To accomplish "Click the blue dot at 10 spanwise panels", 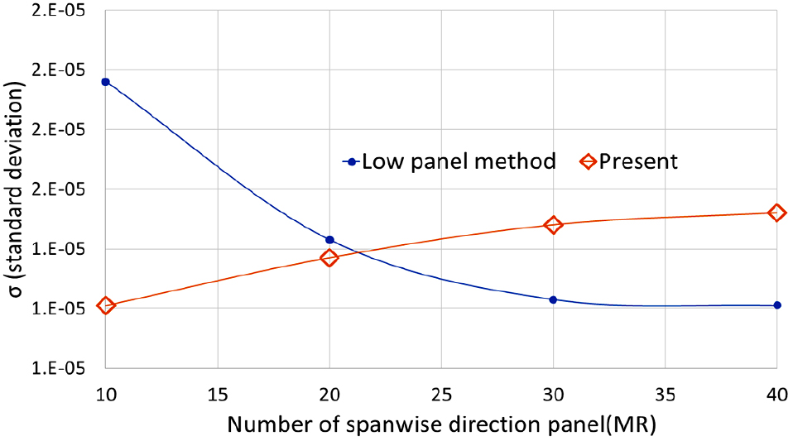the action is click(105, 82).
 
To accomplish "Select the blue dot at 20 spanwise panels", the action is click(329, 240).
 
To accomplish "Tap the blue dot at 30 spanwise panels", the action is click(553, 300).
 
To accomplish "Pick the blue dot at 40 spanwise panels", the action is click(776, 305).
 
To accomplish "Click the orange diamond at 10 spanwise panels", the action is click(105, 305).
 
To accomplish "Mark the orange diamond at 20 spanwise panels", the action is click(329, 258).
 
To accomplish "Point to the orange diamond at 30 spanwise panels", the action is click(553, 225).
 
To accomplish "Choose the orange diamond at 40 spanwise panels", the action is click(776, 213).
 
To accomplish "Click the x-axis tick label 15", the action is click(218, 394).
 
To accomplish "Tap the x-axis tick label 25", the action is click(441, 394).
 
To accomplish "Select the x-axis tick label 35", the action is click(665, 394).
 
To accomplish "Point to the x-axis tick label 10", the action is click(105, 394).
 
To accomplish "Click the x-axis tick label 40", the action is click(776, 394).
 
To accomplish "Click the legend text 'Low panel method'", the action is click(459, 162).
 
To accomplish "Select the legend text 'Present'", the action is click(638, 162).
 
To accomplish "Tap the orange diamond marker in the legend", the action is click(588, 162).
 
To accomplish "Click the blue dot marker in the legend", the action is click(352, 162).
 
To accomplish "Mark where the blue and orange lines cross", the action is click(358, 252).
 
